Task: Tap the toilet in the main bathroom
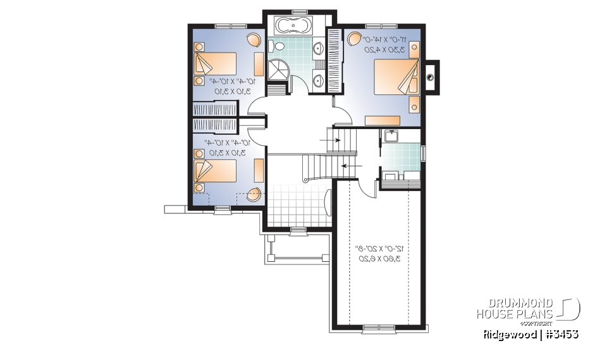click(272, 46)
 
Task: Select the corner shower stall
click(278, 71)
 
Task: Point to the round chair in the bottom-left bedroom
click(254, 194)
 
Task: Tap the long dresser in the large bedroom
click(383, 120)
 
